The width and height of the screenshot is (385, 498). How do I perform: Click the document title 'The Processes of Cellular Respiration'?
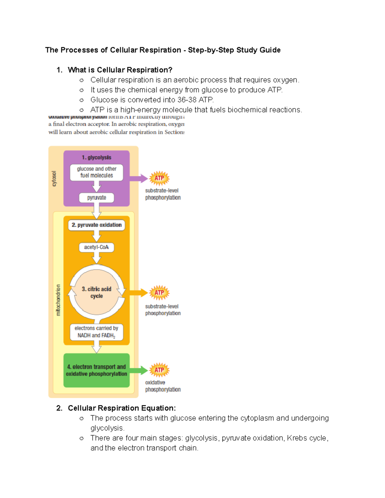click(113, 50)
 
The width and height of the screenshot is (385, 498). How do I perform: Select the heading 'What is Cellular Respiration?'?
click(120, 70)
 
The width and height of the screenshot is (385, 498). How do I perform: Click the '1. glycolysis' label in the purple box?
click(96, 157)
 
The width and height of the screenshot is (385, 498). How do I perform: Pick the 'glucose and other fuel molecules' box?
click(97, 172)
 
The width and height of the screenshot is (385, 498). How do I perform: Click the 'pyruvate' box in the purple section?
click(97, 198)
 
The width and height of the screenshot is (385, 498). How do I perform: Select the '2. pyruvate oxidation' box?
click(97, 225)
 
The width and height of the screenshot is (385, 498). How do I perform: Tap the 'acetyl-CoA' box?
click(96, 247)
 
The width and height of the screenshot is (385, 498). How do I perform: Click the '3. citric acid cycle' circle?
click(97, 292)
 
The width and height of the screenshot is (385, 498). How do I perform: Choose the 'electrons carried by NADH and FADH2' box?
click(96, 332)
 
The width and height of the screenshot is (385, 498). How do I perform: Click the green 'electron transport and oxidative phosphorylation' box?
click(97, 370)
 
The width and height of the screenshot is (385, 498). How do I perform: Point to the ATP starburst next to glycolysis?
click(159, 178)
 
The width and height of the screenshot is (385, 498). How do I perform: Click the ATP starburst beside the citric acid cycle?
click(159, 292)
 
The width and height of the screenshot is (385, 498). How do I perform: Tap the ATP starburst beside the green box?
click(159, 370)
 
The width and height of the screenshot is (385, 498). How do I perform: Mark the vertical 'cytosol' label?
click(54, 179)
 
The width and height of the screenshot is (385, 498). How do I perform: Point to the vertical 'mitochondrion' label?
click(58, 300)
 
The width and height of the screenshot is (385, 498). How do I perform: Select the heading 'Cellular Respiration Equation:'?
click(122, 408)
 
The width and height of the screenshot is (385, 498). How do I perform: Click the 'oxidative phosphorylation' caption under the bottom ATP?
click(163, 386)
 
